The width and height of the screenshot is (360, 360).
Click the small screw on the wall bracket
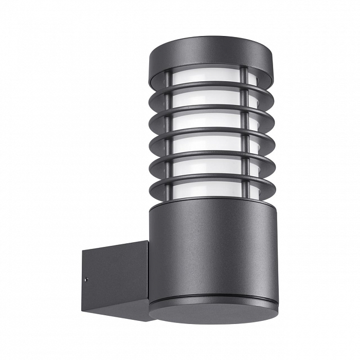[86, 280]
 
